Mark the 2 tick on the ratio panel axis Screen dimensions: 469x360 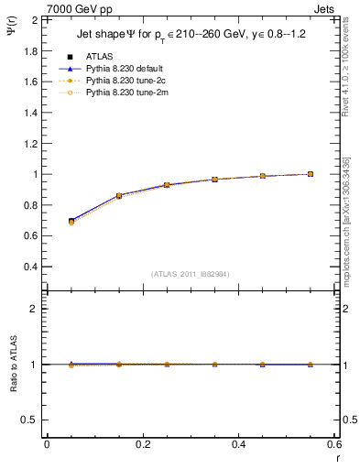[x=35, y=310]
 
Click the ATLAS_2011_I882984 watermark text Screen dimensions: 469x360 [x=191, y=275]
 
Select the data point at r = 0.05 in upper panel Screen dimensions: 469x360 [x=71, y=221]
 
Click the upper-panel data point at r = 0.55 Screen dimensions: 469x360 [x=311, y=174]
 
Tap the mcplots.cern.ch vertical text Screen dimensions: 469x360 [x=350, y=229]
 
